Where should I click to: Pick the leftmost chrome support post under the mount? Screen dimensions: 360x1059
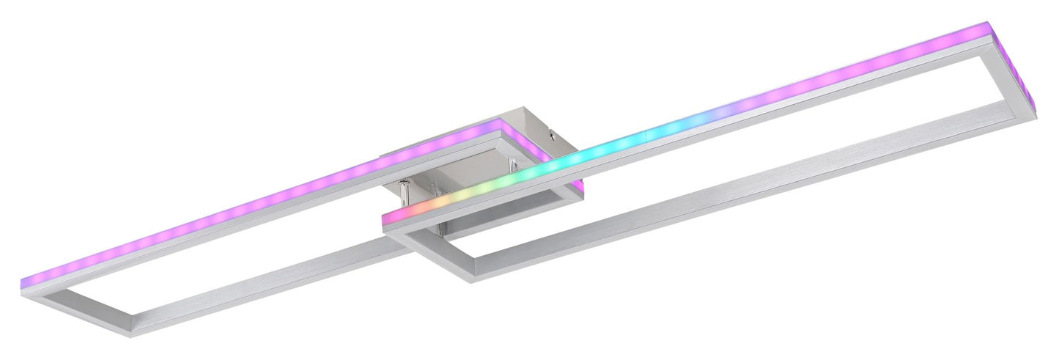pos(402,192)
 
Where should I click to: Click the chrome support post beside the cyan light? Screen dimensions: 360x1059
pos(513,166)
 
